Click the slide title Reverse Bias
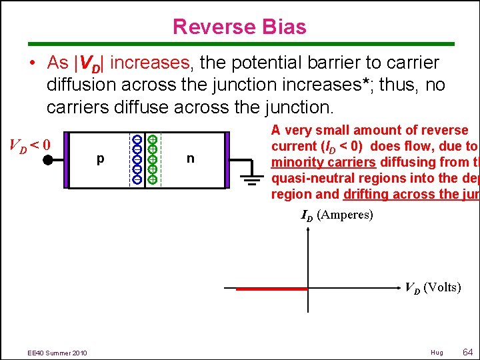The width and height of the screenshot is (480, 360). (239, 27)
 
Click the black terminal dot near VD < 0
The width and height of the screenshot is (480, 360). (48, 160)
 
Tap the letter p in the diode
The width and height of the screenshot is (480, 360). (100, 159)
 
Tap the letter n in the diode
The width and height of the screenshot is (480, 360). (191, 159)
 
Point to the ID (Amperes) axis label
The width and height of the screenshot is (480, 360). (337, 215)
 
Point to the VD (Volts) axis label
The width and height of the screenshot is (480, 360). (433, 287)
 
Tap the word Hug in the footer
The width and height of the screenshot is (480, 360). (437, 352)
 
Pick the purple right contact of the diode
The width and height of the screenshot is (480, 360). (227, 160)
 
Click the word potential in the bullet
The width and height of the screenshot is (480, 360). (267, 63)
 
